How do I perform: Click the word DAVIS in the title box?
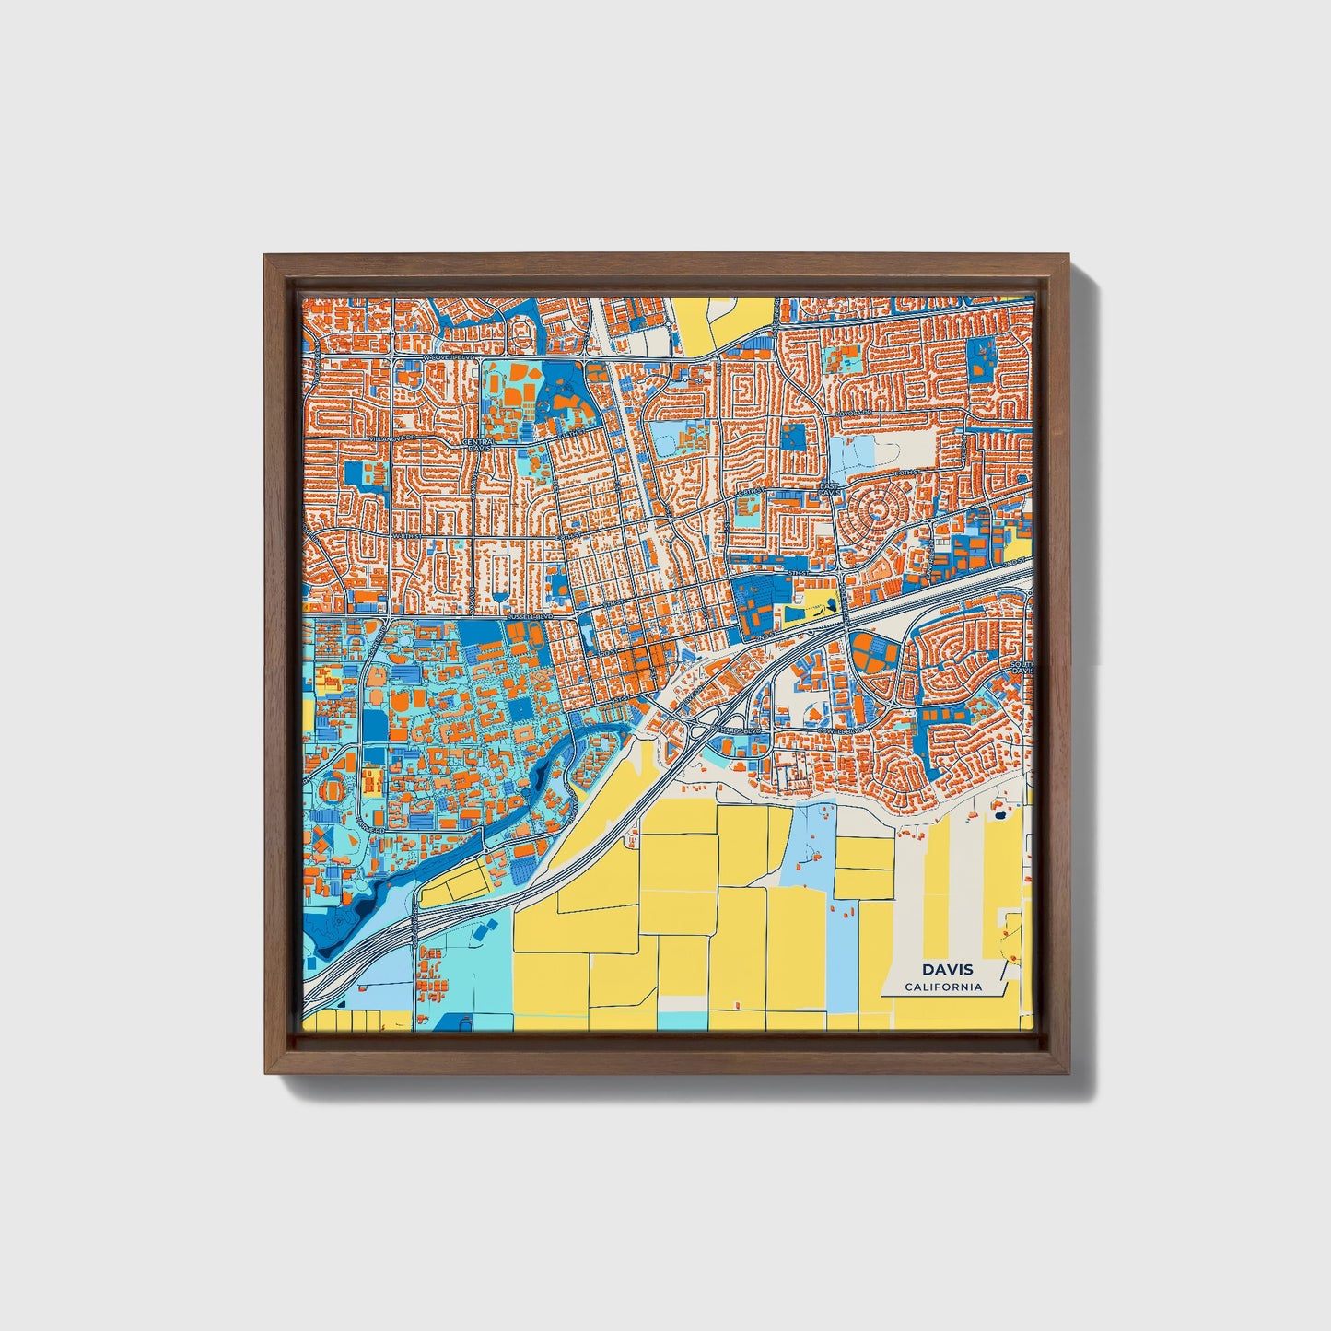946,969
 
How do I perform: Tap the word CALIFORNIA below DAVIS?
943,987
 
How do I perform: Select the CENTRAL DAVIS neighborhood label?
478,445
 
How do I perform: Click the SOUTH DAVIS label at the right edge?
1022,667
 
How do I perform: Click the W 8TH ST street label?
403,534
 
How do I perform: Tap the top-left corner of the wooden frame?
266,257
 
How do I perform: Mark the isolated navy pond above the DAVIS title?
998,814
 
